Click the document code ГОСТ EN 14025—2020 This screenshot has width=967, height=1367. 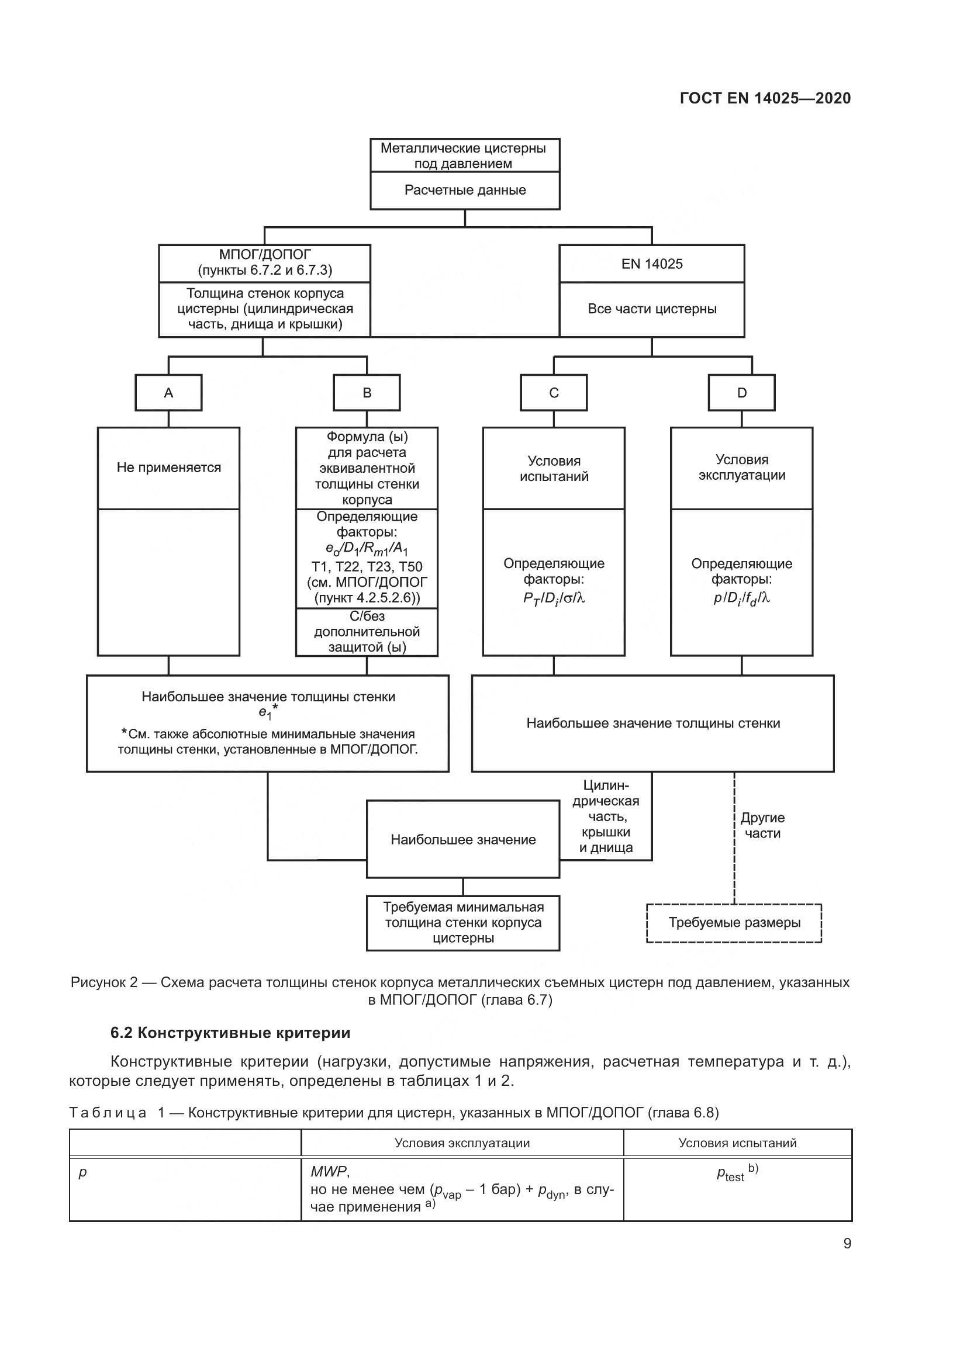(x=765, y=98)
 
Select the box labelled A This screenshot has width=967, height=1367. (x=168, y=393)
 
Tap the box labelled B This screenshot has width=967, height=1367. (x=367, y=393)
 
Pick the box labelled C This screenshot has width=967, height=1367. (x=554, y=393)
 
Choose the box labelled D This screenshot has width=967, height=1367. (x=741, y=393)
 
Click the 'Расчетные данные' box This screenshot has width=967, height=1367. (x=465, y=191)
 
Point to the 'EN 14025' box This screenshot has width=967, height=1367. (x=651, y=264)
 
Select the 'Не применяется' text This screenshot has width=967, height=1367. (x=168, y=468)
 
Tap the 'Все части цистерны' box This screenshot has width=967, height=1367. (x=651, y=309)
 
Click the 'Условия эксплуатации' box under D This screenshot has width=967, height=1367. (x=741, y=468)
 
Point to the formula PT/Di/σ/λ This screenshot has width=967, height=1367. (x=554, y=599)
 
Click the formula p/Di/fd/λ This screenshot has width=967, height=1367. (x=741, y=599)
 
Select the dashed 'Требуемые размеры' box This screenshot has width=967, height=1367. (x=734, y=923)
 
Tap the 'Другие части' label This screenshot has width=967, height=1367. (x=762, y=825)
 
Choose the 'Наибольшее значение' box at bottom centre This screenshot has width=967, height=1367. (x=462, y=839)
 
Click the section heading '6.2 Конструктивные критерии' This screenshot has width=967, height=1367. (x=230, y=1033)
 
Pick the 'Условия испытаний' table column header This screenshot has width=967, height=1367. (x=737, y=1143)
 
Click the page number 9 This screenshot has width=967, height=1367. (x=847, y=1244)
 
